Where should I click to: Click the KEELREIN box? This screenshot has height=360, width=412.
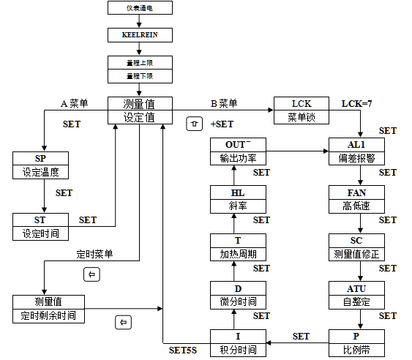point(140,34)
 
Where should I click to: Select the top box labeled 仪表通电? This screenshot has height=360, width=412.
point(140,8)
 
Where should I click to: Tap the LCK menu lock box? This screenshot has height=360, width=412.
point(301,110)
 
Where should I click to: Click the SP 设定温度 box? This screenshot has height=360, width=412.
point(41,166)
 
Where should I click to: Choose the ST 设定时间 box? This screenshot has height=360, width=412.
point(41,226)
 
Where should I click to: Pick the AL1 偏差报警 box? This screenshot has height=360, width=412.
point(356,151)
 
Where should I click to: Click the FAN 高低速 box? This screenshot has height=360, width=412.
point(356,199)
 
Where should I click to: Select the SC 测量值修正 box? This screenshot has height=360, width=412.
point(356,247)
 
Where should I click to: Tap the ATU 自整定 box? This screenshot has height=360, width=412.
point(356,294)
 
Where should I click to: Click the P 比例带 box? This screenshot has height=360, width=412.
point(356,342)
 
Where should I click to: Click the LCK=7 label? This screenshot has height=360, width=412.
point(357,104)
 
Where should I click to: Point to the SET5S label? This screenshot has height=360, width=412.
point(183,350)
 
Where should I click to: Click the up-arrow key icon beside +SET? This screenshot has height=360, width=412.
point(194,124)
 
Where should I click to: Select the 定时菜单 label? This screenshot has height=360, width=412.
point(94,255)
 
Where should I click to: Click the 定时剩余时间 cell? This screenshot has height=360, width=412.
point(48,316)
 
